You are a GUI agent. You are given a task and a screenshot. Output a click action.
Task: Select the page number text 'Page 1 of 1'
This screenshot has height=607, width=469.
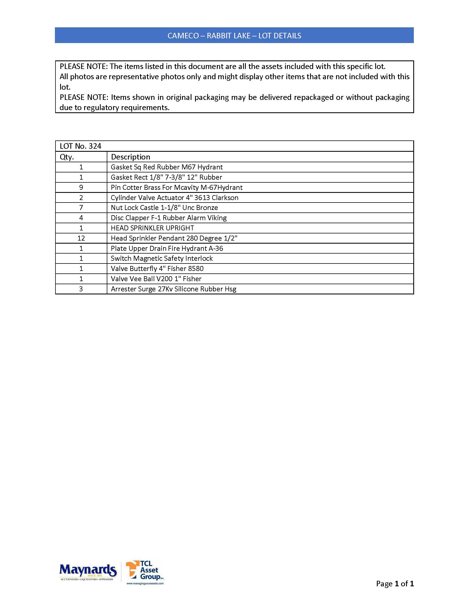click(x=395, y=583)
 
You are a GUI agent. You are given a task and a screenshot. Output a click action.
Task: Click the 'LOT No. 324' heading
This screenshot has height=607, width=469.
click(x=81, y=146)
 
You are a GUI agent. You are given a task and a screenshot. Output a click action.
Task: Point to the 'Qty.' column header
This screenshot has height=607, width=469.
click(x=67, y=157)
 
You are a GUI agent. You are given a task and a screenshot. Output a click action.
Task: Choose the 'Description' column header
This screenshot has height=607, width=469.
click(x=130, y=157)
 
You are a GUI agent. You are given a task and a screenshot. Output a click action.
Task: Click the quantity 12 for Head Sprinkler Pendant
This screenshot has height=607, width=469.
click(x=81, y=238)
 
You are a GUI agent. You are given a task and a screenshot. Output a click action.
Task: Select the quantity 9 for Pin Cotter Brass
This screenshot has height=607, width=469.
click(x=81, y=187)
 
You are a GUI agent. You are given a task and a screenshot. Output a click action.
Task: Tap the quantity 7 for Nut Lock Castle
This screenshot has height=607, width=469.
click(x=81, y=207)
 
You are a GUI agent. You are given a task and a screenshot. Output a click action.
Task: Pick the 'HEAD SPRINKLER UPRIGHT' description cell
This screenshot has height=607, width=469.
click(x=152, y=228)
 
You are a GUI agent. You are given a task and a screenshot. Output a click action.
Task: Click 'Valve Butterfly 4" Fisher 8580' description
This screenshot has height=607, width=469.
click(x=157, y=269)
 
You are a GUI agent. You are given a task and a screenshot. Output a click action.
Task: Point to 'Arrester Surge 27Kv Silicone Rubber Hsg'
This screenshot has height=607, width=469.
click(x=173, y=289)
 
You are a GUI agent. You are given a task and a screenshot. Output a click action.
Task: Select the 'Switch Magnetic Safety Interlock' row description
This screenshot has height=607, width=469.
click(x=162, y=259)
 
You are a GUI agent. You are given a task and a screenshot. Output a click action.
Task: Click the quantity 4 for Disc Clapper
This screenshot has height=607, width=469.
click(x=81, y=218)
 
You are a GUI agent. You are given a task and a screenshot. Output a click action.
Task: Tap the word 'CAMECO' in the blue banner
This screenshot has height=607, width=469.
click(x=183, y=36)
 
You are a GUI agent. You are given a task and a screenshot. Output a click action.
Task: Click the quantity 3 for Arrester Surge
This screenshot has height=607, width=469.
click(x=81, y=289)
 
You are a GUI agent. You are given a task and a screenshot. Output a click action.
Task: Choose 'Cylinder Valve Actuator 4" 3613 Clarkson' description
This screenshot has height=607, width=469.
click(x=174, y=198)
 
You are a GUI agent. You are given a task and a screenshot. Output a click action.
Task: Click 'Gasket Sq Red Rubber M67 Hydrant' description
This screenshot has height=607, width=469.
click(x=167, y=167)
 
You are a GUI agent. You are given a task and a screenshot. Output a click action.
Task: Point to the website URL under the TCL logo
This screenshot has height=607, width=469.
click(x=145, y=583)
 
